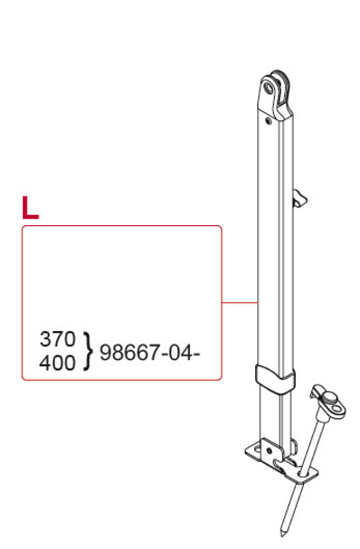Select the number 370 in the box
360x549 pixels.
tap(57, 340)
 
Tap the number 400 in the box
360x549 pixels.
tap(57, 362)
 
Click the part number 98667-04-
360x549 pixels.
tap(148, 352)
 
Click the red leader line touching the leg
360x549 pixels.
tap(240, 302)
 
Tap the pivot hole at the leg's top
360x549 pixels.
tap(269, 87)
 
